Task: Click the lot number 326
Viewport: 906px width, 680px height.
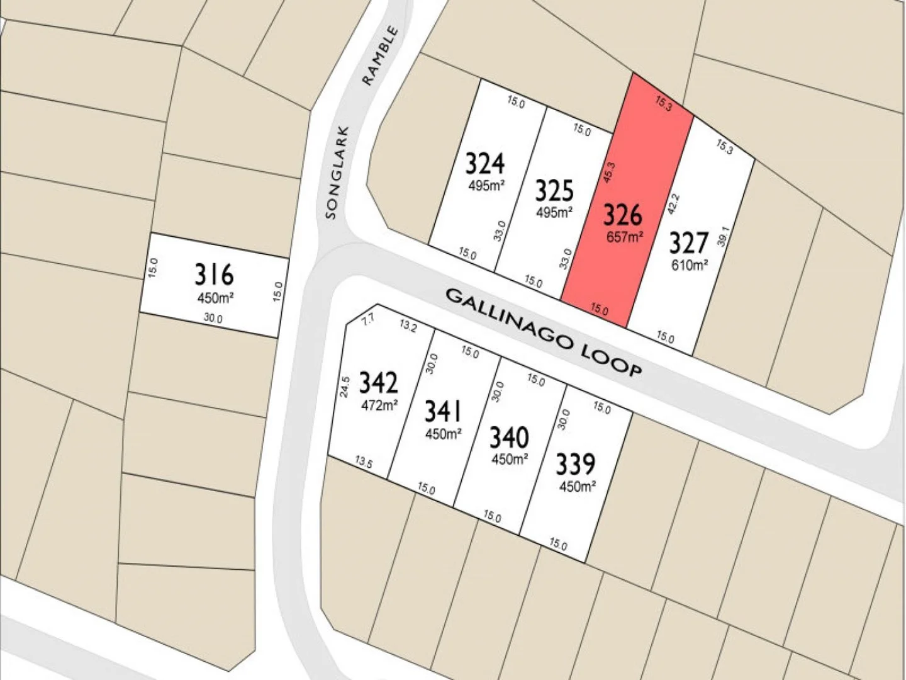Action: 623,215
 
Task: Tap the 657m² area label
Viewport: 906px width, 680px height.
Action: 625,237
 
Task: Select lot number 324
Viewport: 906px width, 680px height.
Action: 484,164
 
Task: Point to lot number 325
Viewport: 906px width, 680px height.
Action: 554,190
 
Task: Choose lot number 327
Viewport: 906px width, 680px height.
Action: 688,243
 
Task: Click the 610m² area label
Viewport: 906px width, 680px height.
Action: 689,265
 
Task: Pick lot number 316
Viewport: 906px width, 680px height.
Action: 214,275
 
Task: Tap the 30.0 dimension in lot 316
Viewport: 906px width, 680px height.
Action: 213,319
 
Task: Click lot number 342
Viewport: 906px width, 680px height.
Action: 378,383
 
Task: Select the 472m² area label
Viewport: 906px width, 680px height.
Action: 379,405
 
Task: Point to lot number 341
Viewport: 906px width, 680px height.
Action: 443,411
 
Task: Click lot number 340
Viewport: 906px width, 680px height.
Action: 509,437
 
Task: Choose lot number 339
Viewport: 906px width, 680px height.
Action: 575,465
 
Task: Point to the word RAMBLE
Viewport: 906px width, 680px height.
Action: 380,55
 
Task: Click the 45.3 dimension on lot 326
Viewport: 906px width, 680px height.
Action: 608,173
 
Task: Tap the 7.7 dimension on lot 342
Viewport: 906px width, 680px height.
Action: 369,320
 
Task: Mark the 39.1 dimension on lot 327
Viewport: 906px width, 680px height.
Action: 724,237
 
